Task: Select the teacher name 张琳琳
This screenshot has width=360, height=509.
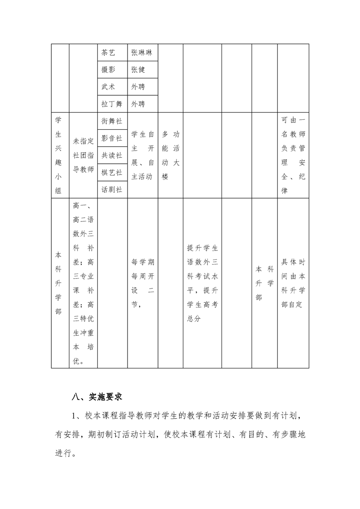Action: [142, 53]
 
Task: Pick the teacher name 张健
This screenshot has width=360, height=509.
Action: [138, 69]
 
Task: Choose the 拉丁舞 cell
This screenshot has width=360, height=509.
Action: [112, 104]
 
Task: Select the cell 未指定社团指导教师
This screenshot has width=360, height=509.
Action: [84, 155]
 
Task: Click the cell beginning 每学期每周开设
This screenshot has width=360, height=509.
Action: [143, 284]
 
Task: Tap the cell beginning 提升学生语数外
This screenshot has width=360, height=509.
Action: [202, 284]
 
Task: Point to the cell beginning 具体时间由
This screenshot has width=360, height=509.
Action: [293, 284]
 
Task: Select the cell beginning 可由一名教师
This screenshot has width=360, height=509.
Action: [293, 155]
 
